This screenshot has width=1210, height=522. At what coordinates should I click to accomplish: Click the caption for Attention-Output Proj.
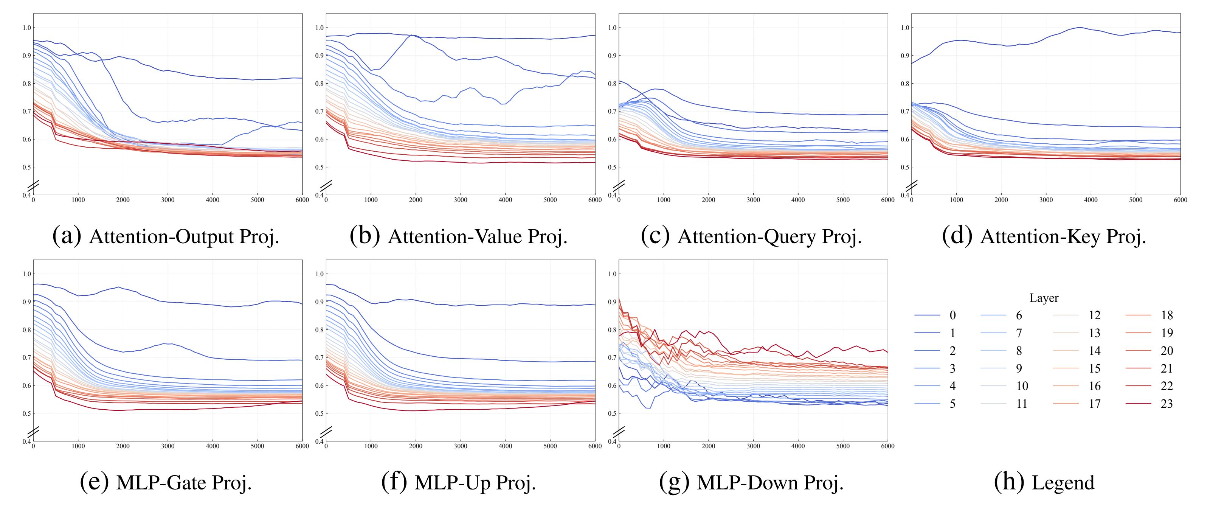pyautogui.click(x=166, y=236)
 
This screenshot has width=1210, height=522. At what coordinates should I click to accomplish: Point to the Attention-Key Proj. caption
pyautogui.click(x=1044, y=236)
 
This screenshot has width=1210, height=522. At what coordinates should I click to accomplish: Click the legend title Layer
pyautogui.click(x=1044, y=298)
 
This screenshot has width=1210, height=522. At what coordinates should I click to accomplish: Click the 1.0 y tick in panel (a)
pyautogui.click(x=26, y=28)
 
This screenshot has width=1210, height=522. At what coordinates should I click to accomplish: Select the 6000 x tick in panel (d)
pyautogui.click(x=1181, y=200)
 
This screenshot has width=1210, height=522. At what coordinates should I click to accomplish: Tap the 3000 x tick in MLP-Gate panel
pyautogui.click(x=168, y=446)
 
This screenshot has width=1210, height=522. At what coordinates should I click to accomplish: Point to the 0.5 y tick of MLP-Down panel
pyautogui.click(x=612, y=413)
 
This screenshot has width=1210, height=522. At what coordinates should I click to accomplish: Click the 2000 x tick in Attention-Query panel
pyautogui.click(x=708, y=200)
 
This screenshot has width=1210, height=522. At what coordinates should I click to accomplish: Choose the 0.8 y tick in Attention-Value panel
pyautogui.click(x=320, y=84)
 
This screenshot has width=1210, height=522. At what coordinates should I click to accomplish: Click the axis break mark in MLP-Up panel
pyautogui.click(x=326, y=431)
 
